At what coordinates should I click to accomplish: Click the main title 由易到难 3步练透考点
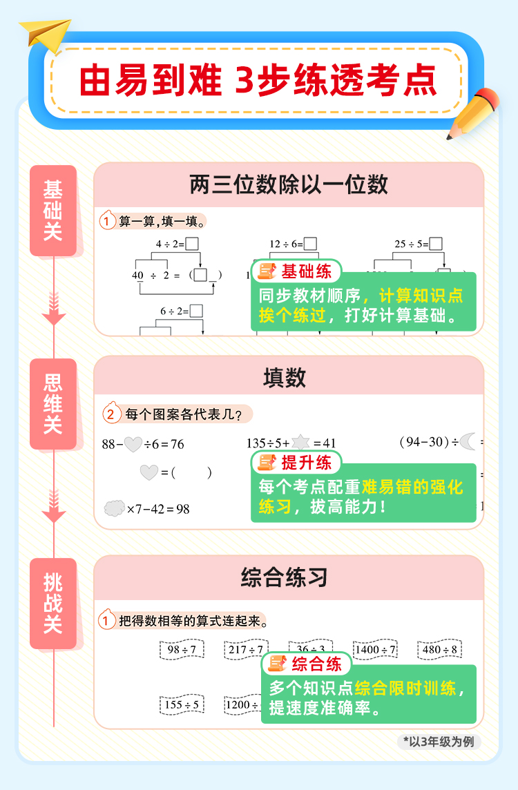258,81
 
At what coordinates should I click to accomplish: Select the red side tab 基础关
53,211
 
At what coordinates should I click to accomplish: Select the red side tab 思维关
53,404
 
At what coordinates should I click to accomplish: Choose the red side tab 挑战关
53,604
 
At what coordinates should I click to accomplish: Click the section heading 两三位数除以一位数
289,184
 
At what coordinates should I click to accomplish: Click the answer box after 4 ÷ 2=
193,244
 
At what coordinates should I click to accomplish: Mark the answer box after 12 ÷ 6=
311,244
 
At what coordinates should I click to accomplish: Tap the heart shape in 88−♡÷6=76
133,444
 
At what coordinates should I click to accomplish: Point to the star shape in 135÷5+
300,443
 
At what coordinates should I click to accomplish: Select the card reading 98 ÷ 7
182,650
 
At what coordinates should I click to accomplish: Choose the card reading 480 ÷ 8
439,650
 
